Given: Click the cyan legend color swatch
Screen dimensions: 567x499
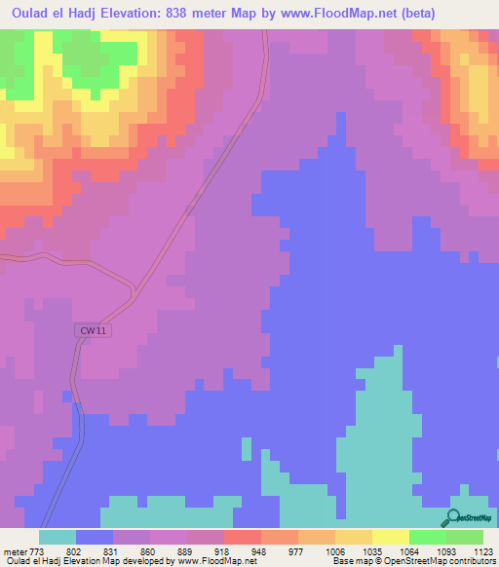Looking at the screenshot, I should pos(57,537).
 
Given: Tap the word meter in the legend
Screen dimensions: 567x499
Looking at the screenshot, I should pos(13,549).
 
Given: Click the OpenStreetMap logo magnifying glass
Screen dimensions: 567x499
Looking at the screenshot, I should pos(455,517).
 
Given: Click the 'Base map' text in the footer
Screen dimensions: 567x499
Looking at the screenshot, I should pos(350,561).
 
